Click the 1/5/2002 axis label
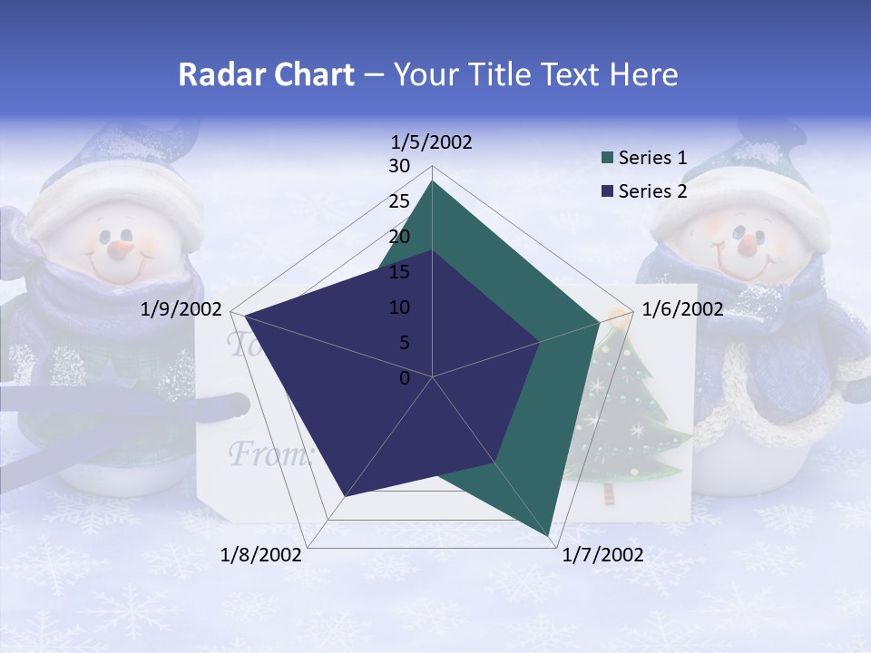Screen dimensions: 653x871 (431, 141)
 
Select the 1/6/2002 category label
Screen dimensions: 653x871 (682, 309)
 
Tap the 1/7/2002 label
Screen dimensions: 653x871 (602, 555)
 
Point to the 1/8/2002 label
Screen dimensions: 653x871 (261, 555)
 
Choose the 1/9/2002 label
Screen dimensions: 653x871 (181, 309)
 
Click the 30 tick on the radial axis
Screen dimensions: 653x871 (399, 166)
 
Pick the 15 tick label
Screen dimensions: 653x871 (399, 272)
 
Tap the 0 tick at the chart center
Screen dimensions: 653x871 (405, 378)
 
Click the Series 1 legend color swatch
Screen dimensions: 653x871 (608, 159)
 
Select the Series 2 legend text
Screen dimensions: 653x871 (652, 191)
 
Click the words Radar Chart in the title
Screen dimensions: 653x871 (266, 74)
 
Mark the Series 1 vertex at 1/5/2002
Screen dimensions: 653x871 (433, 181)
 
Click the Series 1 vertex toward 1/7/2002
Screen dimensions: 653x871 (551, 537)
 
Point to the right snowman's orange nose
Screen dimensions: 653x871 (747, 243)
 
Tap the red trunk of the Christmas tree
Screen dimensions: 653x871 (609, 493)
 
